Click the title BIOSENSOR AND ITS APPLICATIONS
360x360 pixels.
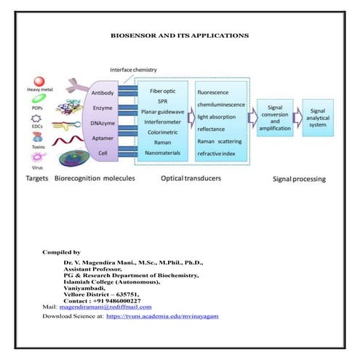(x=180, y=35)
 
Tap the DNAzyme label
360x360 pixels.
(x=103, y=124)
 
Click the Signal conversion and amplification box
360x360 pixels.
(x=275, y=119)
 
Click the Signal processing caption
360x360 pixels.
(x=299, y=177)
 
